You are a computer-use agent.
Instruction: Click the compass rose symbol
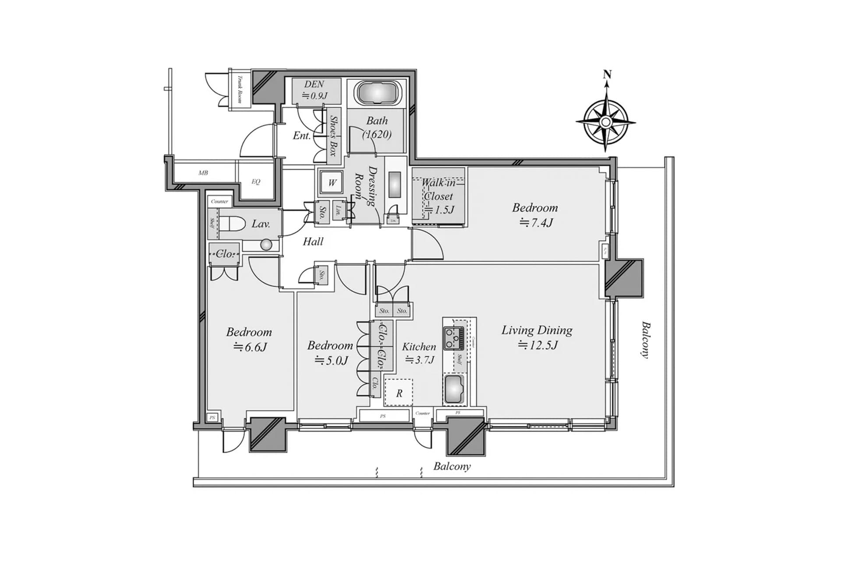[x=605, y=121]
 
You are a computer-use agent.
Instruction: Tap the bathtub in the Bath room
[x=377, y=93]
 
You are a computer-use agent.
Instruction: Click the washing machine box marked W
[x=332, y=182]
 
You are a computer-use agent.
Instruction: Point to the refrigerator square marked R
[x=399, y=393]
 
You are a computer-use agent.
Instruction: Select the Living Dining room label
[x=537, y=330]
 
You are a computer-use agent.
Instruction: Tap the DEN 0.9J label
[x=314, y=90]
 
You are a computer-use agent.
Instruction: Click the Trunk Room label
[x=240, y=89]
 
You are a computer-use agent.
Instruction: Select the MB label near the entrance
[x=203, y=173]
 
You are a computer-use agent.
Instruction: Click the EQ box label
[x=256, y=181]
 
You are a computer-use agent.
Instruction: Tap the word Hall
[x=313, y=241]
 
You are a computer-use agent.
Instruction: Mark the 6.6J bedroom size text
[x=250, y=348]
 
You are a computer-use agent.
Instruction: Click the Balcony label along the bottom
[x=452, y=466]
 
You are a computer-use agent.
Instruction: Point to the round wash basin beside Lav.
[x=266, y=245]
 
